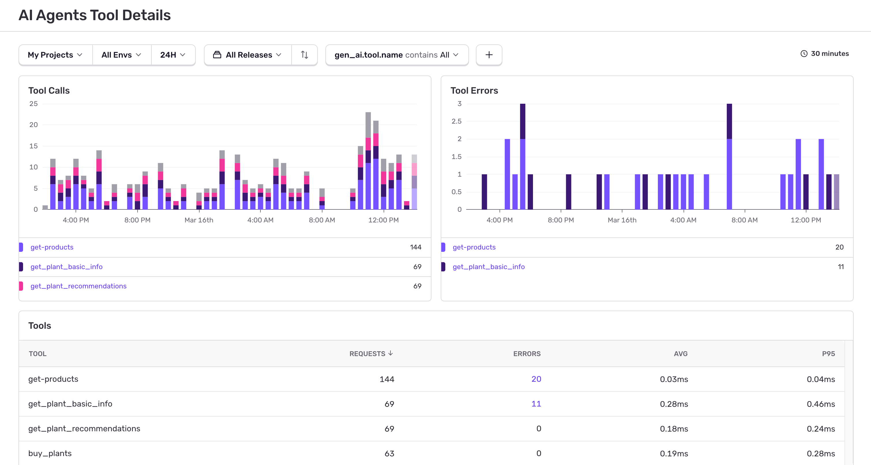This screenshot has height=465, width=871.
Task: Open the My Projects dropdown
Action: [55, 55]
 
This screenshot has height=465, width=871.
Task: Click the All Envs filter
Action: [121, 55]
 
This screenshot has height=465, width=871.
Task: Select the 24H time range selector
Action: [173, 55]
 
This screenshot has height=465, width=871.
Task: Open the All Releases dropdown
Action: [247, 55]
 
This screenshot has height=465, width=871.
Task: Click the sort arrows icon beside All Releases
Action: [304, 55]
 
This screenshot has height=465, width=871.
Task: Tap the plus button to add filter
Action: [489, 55]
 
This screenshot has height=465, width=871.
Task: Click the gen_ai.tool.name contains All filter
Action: [396, 55]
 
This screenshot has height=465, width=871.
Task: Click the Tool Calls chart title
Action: [49, 90]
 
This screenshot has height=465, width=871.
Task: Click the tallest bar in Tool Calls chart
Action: [368, 162]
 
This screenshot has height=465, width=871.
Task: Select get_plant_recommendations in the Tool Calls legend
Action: [78, 286]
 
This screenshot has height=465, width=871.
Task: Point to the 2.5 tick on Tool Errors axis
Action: [456, 121]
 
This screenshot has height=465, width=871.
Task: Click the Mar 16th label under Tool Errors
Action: [622, 220]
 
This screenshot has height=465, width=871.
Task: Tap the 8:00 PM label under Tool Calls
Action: [137, 220]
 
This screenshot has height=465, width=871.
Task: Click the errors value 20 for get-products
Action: [536, 379]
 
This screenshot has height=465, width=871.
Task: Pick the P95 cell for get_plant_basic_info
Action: [820, 404]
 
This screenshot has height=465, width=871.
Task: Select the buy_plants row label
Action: [50, 453]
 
